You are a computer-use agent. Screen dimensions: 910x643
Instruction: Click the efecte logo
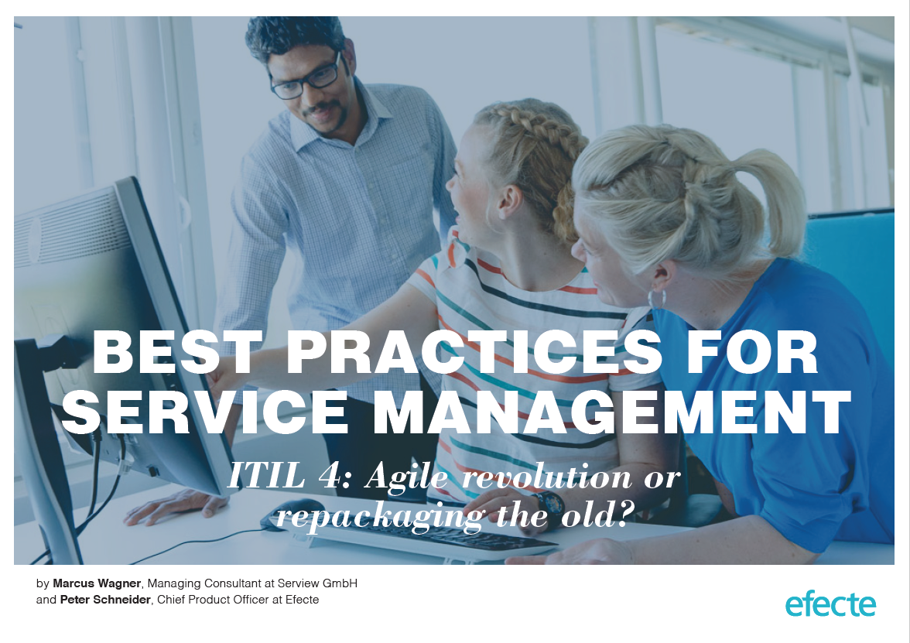coord(830,605)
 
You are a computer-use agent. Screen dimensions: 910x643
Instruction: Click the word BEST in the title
coord(177,352)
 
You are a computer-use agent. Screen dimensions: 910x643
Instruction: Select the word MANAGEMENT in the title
coord(611,412)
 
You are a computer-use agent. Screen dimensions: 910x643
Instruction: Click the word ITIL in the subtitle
coord(266,475)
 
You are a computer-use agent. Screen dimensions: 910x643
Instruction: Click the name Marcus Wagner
coord(96,583)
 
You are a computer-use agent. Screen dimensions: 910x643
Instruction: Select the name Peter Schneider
coord(105,600)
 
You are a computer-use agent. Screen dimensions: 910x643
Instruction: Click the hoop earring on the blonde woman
coord(656,299)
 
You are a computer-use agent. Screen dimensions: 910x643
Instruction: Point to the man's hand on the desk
coord(175,505)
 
